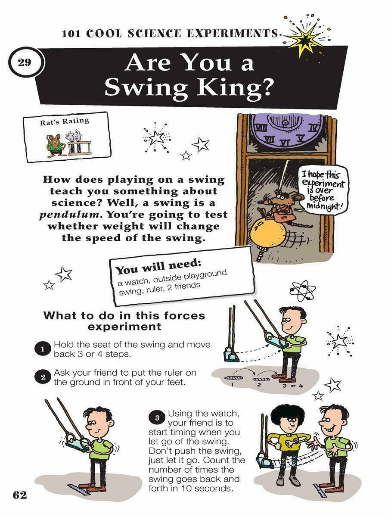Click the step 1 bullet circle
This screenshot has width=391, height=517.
pos(43,349)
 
